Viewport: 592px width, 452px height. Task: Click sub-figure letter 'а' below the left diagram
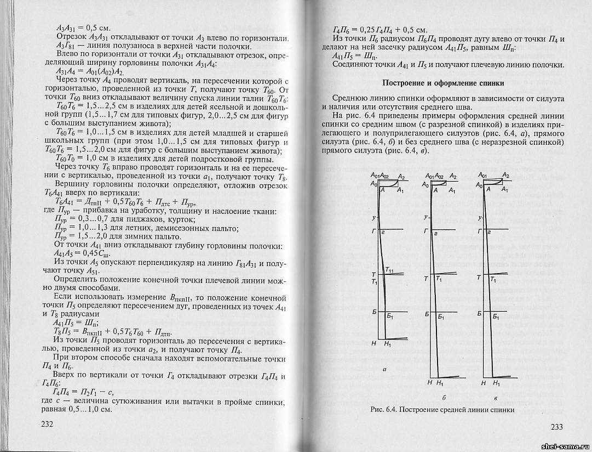(385, 369)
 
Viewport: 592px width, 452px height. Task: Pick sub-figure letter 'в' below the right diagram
(495, 397)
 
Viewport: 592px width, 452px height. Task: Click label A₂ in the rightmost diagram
(507, 176)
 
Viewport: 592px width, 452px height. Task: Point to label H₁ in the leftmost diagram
(388, 343)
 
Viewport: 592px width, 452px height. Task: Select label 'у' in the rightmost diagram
(480, 218)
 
